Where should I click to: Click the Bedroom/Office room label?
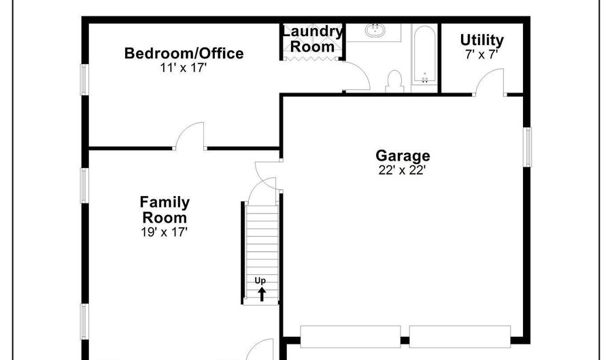point(184,53)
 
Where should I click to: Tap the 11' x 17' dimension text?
point(183,67)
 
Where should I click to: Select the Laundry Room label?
point(312,39)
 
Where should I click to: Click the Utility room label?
point(481,40)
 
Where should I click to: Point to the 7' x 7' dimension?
point(481,54)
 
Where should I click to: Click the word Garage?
point(403,155)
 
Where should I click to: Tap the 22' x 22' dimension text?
point(402,170)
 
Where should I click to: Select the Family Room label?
point(165,210)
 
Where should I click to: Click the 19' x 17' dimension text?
point(165,232)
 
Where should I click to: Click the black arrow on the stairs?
point(262,294)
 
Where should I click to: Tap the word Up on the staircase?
point(260,280)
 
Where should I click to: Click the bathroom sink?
point(375,31)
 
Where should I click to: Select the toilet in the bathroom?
point(394,81)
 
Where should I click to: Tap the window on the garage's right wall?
point(527,147)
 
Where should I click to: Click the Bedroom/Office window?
point(84,79)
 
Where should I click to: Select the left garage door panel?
point(350,337)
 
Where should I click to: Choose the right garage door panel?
point(460,337)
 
